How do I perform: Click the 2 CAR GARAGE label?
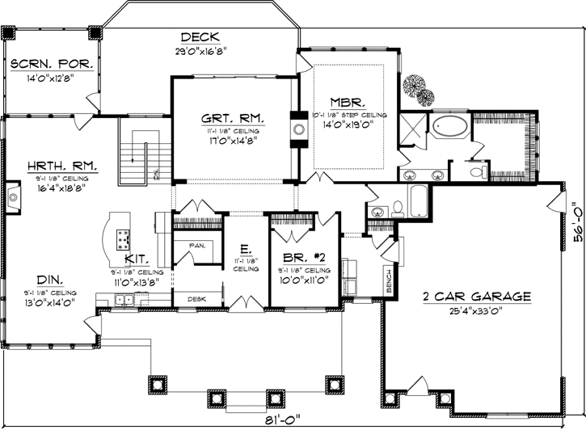pyautogui.click(x=477, y=296)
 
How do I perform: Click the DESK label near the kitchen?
pyautogui.click(x=196, y=298)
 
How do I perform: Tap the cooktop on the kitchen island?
pyautogui.click(x=124, y=238)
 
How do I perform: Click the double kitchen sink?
pyautogui.click(x=125, y=301)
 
